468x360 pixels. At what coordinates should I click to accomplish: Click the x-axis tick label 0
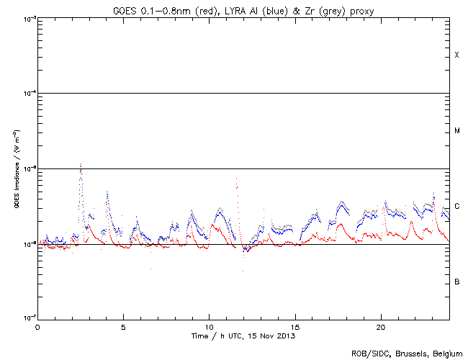pyautogui.click(x=37, y=327)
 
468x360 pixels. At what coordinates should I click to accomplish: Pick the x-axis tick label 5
pyautogui.click(x=123, y=327)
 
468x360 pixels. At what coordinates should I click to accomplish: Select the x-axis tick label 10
pyautogui.click(x=209, y=327)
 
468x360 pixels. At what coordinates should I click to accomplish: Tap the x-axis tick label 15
pyautogui.click(x=294, y=327)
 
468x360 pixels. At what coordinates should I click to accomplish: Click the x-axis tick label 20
pyautogui.click(x=380, y=327)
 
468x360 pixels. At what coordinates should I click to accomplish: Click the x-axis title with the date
pyautogui.click(x=243, y=336)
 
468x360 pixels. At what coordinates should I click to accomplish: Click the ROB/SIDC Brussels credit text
pyautogui.click(x=407, y=353)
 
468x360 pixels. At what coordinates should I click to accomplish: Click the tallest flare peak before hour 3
pyautogui.click(x=81, y=165)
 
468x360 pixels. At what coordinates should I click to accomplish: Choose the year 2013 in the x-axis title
pyautogui.click(x=287, y=336)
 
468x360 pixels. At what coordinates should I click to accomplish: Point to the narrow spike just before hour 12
pyautogui.click(x=236, y=179)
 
